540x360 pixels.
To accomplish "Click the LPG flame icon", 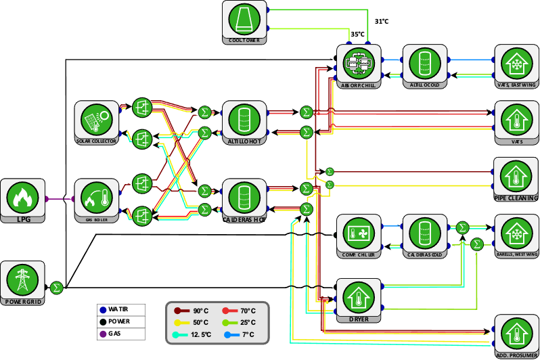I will pos(22,198).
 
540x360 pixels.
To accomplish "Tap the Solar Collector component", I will pos(97,120).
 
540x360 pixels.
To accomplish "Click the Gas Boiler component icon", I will pos(97,198).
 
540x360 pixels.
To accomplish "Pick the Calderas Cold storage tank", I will pos(424,233).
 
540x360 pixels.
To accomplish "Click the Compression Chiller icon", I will pos(359,233).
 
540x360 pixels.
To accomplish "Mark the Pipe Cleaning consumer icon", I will pos(516,176).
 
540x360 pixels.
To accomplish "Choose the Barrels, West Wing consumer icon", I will pos(516,233).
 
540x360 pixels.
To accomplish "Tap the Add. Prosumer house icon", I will pos(516,333).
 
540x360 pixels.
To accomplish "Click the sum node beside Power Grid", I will pos(57,288).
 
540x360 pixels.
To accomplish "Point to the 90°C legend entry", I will pos(193,311).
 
